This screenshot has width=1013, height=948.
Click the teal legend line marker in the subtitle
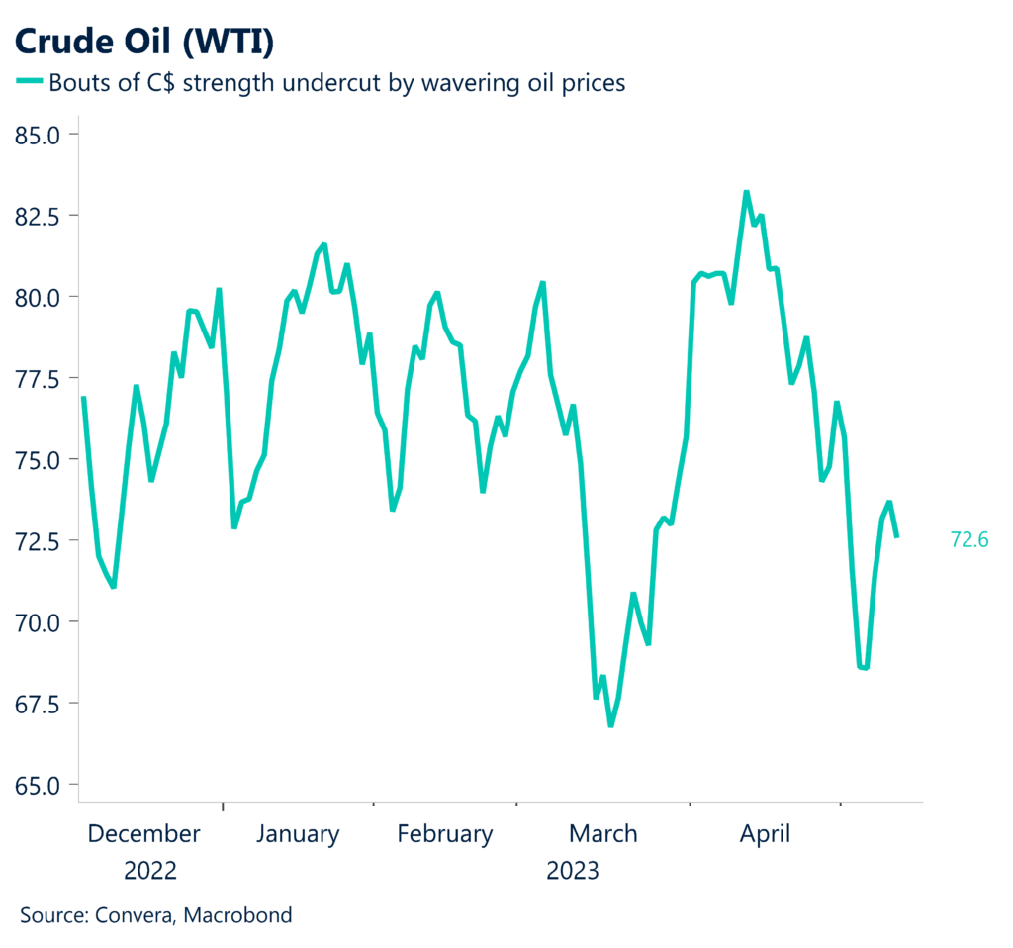pos(29,83)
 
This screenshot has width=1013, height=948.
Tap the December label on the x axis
pos(143,834)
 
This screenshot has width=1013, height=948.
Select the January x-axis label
pos(298,834)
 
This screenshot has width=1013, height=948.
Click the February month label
pos(444,834)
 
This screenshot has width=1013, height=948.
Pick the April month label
pos(765,834)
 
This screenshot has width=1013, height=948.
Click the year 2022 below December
pos(150,871)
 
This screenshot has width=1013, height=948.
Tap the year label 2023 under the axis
pos(572,871)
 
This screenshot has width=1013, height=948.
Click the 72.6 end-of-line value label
pos(969,539)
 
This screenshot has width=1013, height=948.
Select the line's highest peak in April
pos(746,192)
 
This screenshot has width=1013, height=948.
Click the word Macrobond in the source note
pos(242,915)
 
